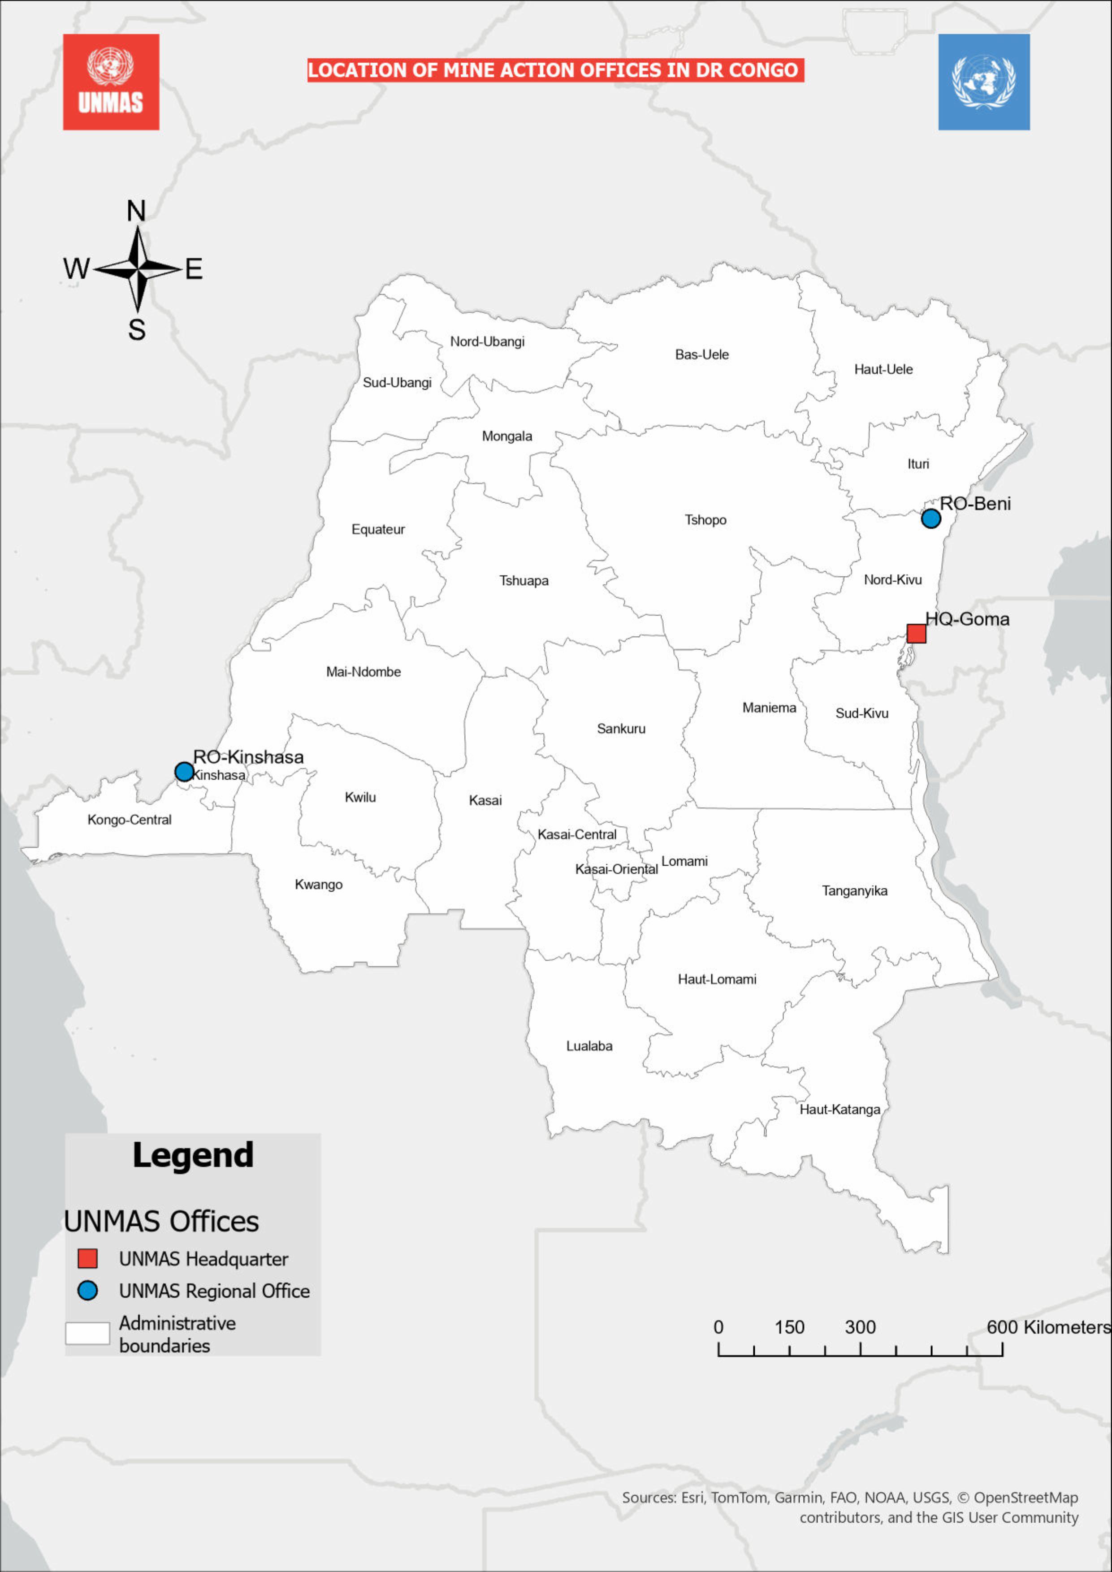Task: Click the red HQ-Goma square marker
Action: click(x=916, y=633)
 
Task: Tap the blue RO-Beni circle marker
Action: click(x=930, y=518)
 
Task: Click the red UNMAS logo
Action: click(x=111, y=82)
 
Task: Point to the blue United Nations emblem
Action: click(x=983, y=82)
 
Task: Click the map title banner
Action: click(x=554, y=70)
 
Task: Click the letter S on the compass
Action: click(x=137, y=330)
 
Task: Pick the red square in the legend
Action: click(x=88, y=1258)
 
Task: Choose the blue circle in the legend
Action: click(x=88, y=1291)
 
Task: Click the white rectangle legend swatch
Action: click(x=88, y=1333)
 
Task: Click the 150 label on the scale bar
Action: click(x=789, y=1327)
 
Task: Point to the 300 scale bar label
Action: click(x=860, y=1327)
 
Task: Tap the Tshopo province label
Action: click(x=705, y=520)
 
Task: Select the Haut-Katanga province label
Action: click(x=839, y=1109)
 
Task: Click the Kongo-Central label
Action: click(x=130, y=820)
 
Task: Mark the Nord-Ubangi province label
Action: click(x=487, y=341)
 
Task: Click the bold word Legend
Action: click(x=193, y=1155)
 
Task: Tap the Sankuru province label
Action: click(x=621, y=729)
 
